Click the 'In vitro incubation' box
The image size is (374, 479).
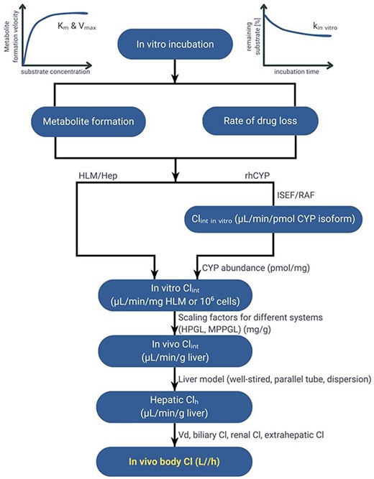tap(175, 44)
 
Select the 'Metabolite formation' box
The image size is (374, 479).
tap(88, 121)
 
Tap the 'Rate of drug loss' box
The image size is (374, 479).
tap(260, 121)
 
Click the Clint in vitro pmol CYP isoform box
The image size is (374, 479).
tap(273, 219)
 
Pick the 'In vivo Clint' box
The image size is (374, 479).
tap(175, 351)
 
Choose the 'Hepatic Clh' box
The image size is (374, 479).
tap(175, 407)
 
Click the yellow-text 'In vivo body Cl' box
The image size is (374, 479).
tap(175, 462)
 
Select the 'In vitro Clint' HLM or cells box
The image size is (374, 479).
tap(175, 294)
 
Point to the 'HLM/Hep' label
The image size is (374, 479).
tap(98, 176)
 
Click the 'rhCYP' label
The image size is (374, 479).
tap(257, 176)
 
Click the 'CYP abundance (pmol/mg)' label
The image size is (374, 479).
tap(256, 268)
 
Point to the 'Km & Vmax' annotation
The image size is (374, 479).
tap(77, 27)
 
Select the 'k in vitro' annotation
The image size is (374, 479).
tap(325, 27)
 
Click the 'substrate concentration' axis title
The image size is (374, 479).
tap(55, 72)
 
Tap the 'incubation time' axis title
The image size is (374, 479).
tap(296, 72)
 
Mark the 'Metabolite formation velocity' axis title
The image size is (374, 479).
tap(11, 36)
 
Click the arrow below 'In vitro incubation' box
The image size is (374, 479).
tap(175, 71)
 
